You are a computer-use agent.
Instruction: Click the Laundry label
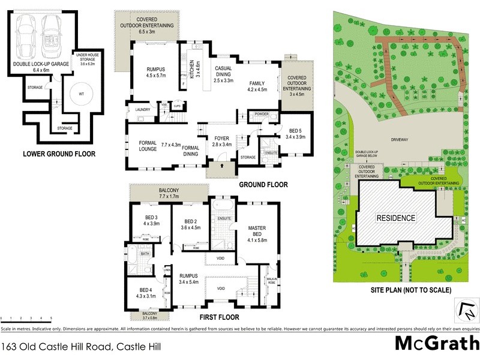(142, 110)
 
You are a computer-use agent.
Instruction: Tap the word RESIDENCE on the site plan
(395, 218)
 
